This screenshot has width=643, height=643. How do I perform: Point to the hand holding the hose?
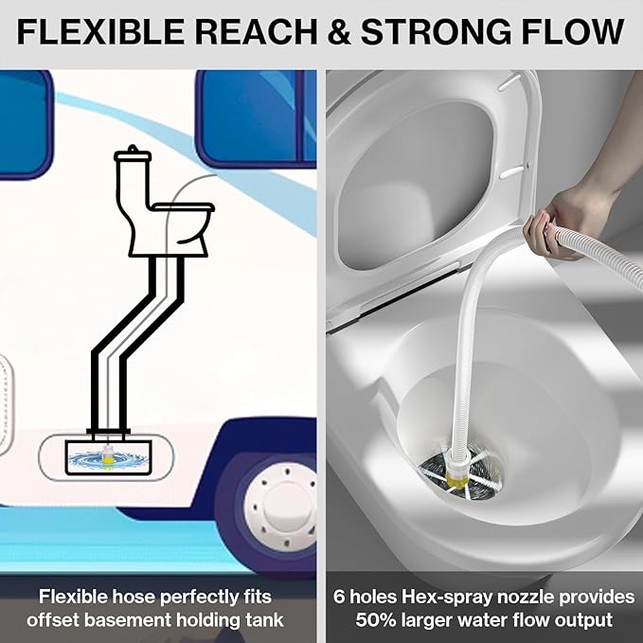(x=559, y=223)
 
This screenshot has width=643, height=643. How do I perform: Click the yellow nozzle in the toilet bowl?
(x=459, y=472)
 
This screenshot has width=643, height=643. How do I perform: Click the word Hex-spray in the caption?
(x=443, y=597)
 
